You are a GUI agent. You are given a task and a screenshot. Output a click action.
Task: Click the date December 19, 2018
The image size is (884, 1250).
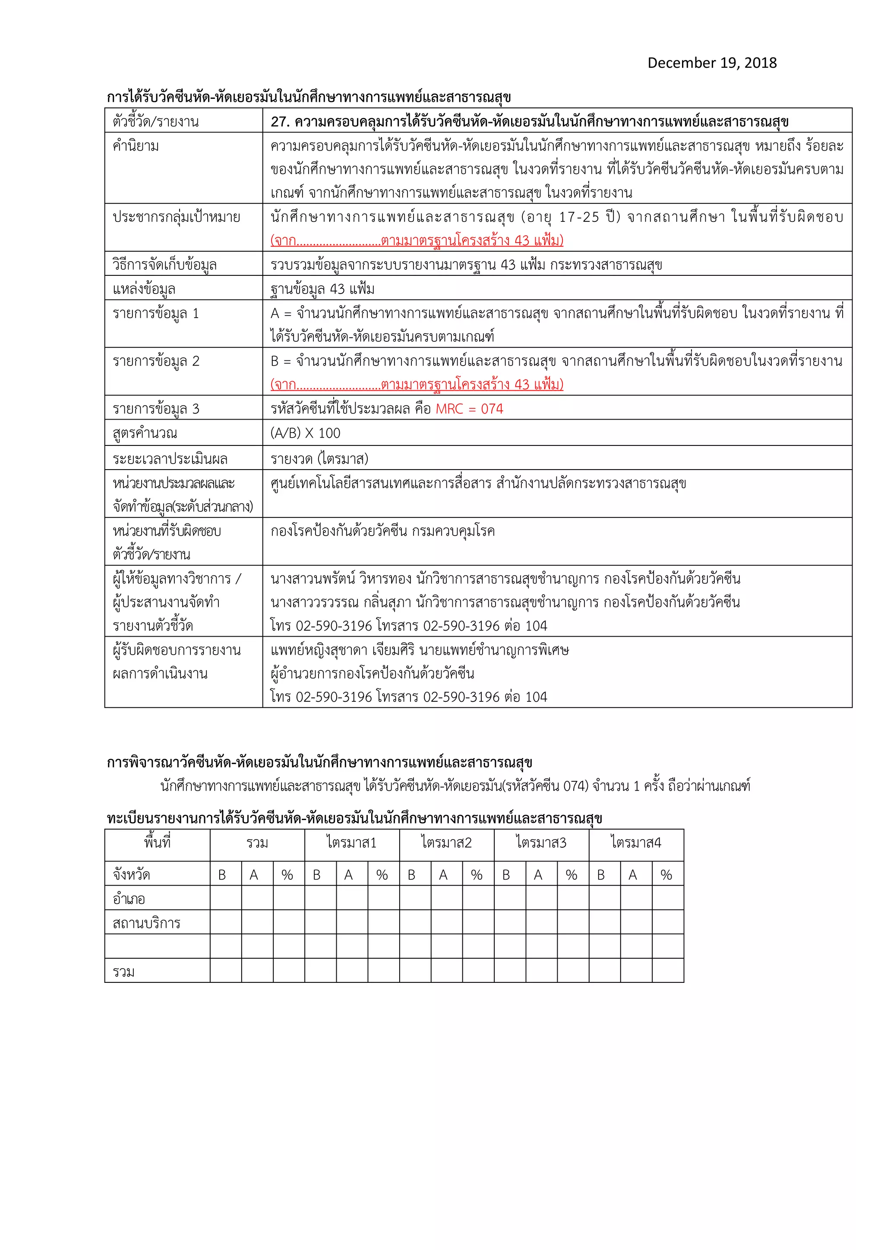click(711, 63)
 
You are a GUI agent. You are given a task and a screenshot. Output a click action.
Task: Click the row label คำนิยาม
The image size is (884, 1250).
click(136, 146)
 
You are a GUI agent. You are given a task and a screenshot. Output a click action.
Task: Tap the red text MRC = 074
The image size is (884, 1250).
click(469, 409)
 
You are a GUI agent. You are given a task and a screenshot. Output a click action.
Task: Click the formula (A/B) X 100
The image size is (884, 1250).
click(305, 433)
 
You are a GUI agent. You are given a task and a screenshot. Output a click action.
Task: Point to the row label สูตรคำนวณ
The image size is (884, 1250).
click(145, 433)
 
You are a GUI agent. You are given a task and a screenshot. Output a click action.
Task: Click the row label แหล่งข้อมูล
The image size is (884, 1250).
click(144, 289)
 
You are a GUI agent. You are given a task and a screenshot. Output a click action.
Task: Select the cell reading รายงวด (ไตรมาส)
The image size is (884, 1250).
click(319, 458)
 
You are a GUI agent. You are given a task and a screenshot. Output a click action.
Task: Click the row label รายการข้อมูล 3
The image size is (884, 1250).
click(156, 409)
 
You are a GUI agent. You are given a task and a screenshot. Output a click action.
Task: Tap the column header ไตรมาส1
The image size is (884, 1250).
click(352, 843)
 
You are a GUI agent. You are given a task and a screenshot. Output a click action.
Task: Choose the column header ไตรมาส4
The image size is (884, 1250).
click(636, 843)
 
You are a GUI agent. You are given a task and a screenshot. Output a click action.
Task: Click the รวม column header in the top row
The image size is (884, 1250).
click(257, 843)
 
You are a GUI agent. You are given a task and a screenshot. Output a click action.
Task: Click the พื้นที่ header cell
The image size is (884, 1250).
click(157, 843)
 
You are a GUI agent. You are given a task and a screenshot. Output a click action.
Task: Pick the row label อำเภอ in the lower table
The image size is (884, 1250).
click(129, 899)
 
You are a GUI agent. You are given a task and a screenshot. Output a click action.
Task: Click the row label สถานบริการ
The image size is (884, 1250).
click(146, 923)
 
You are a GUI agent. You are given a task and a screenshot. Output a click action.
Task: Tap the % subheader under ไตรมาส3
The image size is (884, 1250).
click(571, 875)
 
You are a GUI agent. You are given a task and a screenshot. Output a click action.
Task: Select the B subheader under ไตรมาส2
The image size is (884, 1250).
click(411, 875)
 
